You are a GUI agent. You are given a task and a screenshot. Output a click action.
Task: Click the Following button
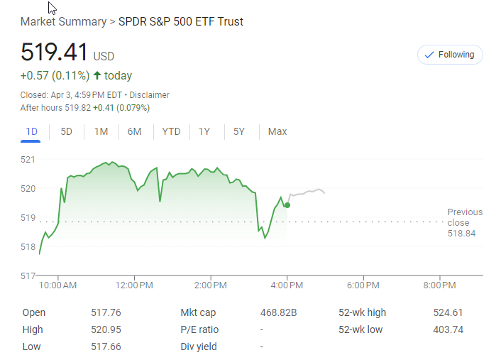point(449,55)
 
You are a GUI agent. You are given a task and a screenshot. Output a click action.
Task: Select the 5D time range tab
point(66,131)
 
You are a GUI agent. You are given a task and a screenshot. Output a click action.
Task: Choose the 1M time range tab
point(101,131)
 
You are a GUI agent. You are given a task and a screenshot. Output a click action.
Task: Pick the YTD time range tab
point(171,131)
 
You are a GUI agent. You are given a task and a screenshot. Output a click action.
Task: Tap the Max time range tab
point(277,131)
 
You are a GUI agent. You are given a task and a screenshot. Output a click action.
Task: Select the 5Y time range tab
point(239,131)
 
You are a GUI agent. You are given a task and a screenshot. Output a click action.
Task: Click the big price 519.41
point(54,53)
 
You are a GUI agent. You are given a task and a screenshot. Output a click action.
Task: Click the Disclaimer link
point(149,95)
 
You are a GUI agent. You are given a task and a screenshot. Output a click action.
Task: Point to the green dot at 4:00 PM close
point(287,205)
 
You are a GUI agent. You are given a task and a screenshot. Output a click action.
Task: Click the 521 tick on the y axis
point(28,159)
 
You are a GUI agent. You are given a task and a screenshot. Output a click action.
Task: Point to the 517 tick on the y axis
point(28,276)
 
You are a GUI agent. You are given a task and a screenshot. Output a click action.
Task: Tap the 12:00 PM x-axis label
point(133,285)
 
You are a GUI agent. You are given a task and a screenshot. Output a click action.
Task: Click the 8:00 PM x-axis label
point(440,285)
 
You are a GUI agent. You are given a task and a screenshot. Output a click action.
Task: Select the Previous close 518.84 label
point(464,223)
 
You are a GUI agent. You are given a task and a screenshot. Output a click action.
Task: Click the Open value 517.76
point(106,312)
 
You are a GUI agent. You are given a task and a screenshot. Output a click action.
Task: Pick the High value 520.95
point(106,329)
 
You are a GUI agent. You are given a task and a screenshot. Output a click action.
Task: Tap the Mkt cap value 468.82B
point(279,312)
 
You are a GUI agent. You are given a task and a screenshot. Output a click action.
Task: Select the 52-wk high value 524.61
point(448,312)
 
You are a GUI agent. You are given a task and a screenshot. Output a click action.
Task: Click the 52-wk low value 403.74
point(448,329)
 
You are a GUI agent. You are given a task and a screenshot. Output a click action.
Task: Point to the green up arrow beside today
point(97,76)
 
